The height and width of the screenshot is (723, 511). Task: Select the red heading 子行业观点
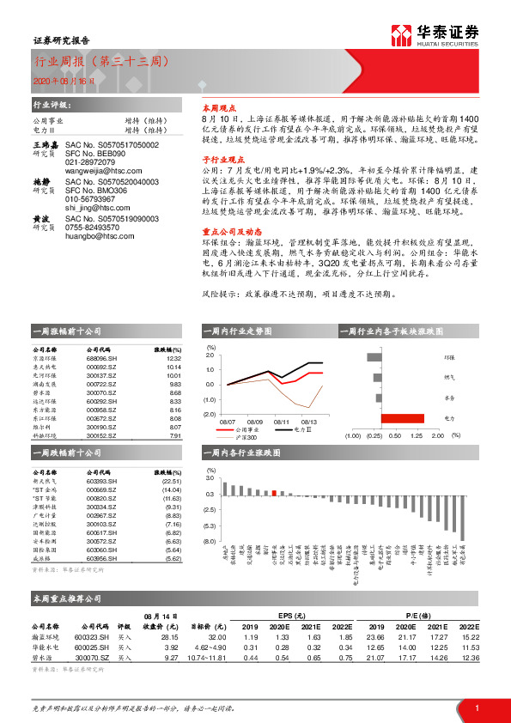(223, 159)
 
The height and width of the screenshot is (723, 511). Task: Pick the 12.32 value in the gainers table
(175, 358)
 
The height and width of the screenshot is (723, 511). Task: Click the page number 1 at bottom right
(475, 707)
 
